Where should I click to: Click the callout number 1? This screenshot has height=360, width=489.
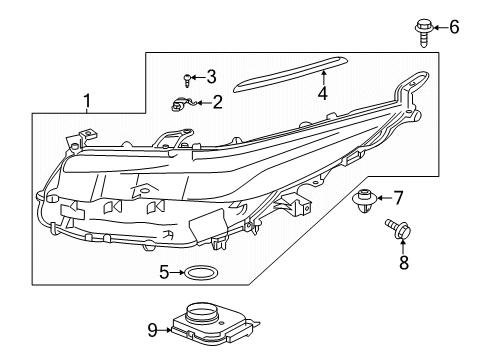(87, 100)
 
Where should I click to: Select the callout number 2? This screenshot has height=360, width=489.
(217, 101)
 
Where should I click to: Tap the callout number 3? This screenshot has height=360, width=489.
(211, 76)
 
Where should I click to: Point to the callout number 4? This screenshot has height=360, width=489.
(322, 95)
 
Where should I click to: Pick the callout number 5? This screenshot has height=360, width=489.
(162, 271)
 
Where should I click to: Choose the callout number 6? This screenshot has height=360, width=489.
(453, 27)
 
